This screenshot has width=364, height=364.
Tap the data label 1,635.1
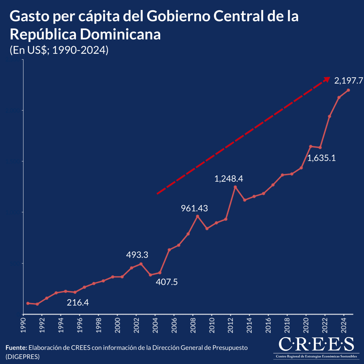pos(322,158)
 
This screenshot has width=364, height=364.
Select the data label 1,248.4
pos(229,179)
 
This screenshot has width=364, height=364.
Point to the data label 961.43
pos(194,208)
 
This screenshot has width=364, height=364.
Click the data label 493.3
pos(137,255)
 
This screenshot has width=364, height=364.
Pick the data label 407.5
pos(167,282)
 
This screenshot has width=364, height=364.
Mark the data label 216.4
pos(78,302)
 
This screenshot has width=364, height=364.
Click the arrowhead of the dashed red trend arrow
pos(326,79)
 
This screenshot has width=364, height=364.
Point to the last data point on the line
pos(349,90)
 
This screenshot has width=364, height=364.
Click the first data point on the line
pos(28,303)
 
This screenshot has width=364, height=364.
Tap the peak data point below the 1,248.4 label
pos(235,187)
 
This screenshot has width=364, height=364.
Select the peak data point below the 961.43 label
pos(197,216)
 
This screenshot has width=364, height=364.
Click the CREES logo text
pos(316,344)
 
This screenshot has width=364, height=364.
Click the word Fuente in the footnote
pos(16,348)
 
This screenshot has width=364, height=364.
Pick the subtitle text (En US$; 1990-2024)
pos(59,50)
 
